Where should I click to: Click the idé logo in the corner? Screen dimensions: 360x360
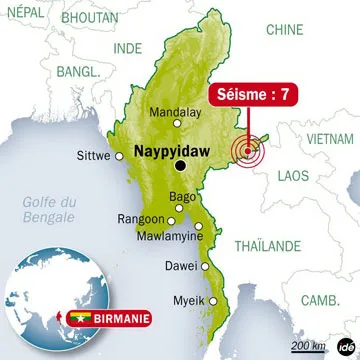tap(346, 346)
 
